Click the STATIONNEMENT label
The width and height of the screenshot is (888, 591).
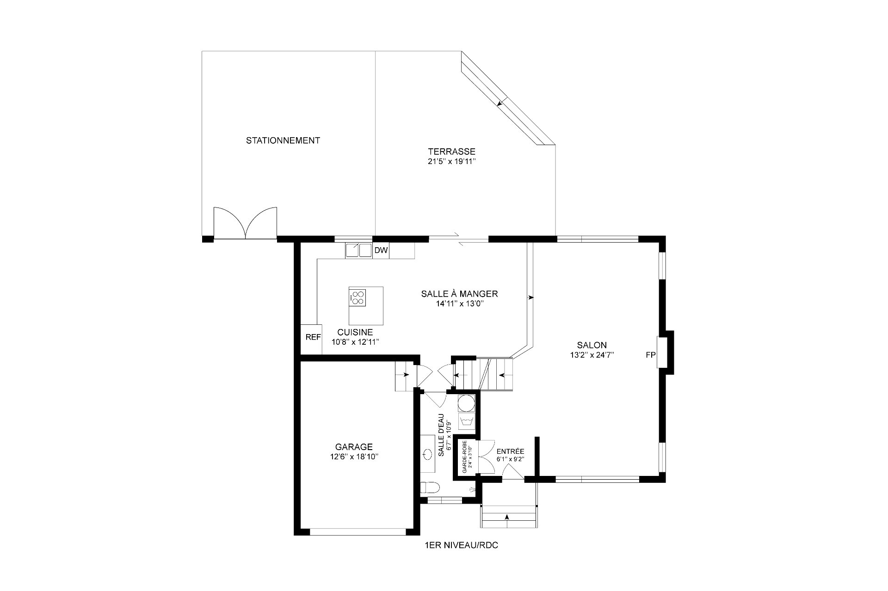pyautogui.click(x=283, y=140)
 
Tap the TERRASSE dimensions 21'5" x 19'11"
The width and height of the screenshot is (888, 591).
pyautogui.click(x=451, y=162)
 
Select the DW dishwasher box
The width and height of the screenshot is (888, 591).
pyautogui.click(x=381, y=250)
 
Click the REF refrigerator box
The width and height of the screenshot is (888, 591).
pyautogui.click(x=313, y=337)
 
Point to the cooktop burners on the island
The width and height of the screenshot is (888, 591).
pyautogui.click(x=358, y=297)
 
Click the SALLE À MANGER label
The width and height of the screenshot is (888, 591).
pyautogui.click(x=459, y=294)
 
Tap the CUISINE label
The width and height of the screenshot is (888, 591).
pyautogui.click(x=355, y=332)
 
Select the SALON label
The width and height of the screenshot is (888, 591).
pyautogui.click(x=592, y=345)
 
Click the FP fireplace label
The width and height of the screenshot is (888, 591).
pyautogui.click(x=650, y=355)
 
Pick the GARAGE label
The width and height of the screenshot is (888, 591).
pyautogui.click(x=354, y=447)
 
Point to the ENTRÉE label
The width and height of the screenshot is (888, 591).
pyautogui.click(x=510, y=451)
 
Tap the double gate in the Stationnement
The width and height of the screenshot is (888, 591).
pyautogui.click(x=245, y=223)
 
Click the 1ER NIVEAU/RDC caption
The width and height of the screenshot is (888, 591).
pyautogui.click(x=461, y=546)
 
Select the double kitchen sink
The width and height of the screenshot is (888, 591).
pyautogui.click(x=359, y=250)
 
